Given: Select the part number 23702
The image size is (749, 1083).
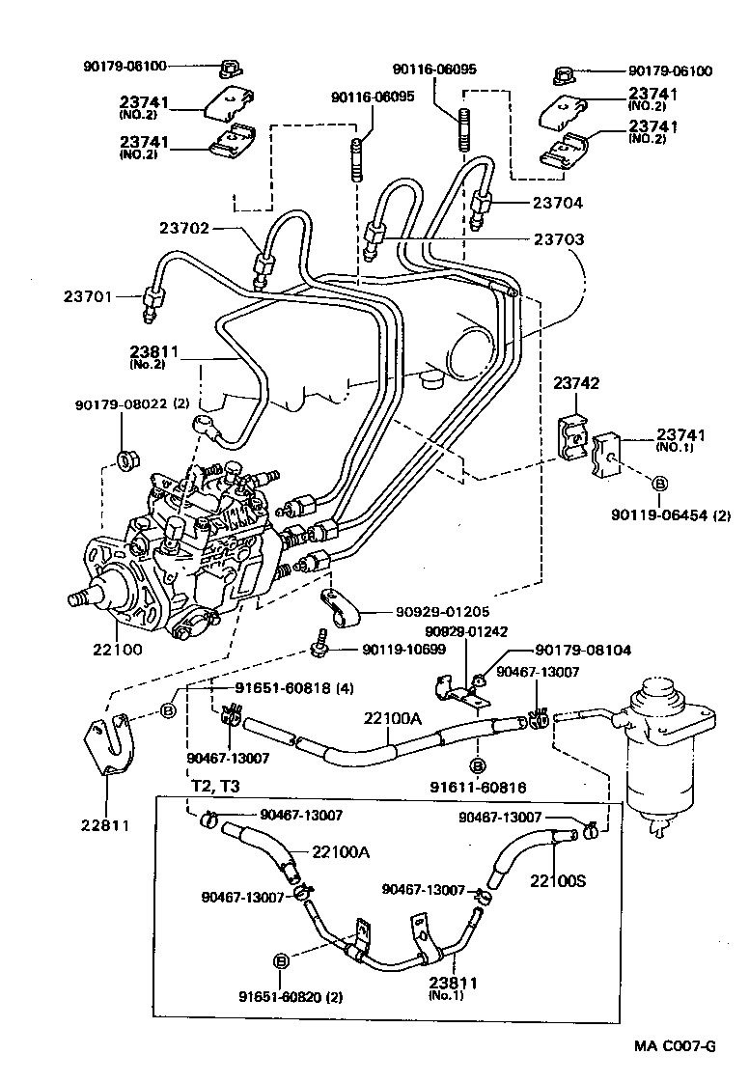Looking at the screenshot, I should point(185,228).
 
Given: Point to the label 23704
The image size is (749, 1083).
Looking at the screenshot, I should point(557,203).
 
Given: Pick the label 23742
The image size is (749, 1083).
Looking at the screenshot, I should point(576,383).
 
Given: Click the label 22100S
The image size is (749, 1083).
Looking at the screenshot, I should point(555,879).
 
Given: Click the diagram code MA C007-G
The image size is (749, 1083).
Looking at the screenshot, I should point(676,1045).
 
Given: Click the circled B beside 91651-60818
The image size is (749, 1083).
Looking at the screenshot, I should point(168,712).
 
